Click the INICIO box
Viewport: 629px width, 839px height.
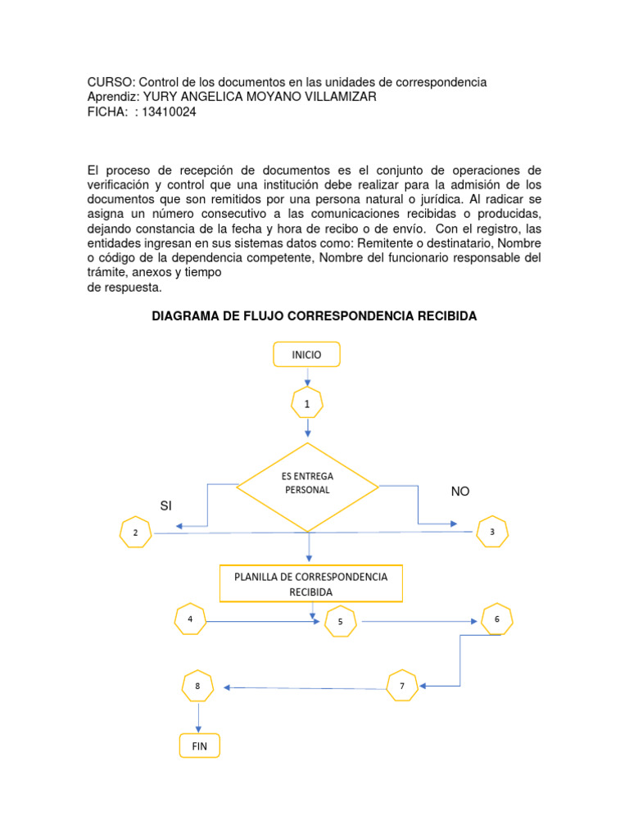306,355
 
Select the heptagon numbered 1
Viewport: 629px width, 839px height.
307,404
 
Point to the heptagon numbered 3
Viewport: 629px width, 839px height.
492,532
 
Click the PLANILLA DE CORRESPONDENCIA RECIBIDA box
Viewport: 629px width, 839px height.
310,583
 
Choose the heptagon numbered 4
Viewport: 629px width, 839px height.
191,619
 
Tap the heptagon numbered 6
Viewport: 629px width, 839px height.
496,619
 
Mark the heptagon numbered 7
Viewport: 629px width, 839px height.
402,685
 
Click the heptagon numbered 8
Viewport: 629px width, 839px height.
197,686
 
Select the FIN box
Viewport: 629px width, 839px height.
199,746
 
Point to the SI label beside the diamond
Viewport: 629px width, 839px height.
166,506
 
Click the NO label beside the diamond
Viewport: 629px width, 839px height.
461,491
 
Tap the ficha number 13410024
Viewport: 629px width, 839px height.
170,112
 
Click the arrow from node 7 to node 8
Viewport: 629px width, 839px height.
307,687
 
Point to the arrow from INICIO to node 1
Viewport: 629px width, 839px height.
307,376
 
